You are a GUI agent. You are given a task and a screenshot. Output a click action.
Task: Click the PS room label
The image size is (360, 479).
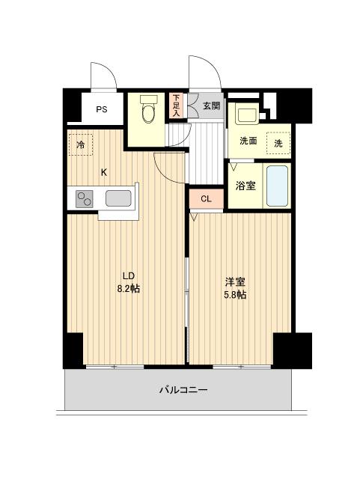pos(102,109)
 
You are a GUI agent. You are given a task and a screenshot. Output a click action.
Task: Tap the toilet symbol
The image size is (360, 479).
pos(148,109)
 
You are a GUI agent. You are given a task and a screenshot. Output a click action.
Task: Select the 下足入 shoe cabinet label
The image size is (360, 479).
pos(176,106)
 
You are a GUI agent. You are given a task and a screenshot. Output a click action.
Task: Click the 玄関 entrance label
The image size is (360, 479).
pos(212,106)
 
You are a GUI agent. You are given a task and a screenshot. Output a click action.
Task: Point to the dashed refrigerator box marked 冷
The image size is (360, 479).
pos(80,144)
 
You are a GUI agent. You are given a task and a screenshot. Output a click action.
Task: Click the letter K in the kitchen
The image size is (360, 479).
pos(104,173)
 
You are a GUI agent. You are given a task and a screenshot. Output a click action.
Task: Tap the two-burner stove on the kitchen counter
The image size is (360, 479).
pos(85,199)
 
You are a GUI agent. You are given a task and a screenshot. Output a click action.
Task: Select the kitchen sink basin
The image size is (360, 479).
pos(118,198)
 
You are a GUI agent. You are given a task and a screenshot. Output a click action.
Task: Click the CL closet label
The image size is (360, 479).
pos(206,199)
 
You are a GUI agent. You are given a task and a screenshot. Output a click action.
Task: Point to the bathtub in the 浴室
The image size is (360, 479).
pos(277,186)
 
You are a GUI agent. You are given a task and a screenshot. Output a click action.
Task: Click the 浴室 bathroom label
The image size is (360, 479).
pos(245,186)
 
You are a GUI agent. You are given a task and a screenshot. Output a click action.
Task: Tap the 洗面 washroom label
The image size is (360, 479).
pos(248,141)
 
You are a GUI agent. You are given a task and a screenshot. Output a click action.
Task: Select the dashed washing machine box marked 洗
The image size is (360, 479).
pos(278,143)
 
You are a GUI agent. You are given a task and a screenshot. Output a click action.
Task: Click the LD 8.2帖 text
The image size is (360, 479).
pos(129,282)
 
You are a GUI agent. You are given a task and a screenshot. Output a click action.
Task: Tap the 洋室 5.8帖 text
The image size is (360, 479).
pos(235,287)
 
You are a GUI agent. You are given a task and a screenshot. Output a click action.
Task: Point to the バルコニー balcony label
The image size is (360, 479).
pos(183,390)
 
